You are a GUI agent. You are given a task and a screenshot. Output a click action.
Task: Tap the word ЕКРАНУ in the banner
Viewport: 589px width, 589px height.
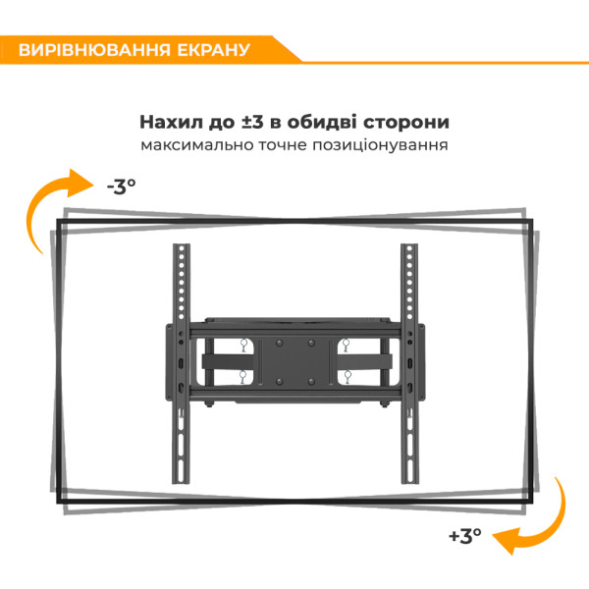tap(213, 50)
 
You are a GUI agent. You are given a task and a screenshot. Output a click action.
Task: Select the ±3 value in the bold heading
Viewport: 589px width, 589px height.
tap(252, 122)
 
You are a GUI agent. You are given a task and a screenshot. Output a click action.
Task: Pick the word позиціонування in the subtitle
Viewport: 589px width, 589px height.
tap(380, 145)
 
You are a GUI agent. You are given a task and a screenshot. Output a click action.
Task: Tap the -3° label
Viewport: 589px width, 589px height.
tap(122, 187)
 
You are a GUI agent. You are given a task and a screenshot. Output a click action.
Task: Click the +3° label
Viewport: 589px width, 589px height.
tap(465, 535)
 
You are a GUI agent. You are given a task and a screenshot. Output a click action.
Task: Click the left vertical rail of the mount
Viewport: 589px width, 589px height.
tap(181, 363)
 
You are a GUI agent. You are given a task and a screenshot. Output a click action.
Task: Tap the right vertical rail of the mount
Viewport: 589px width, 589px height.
tap(409, 363)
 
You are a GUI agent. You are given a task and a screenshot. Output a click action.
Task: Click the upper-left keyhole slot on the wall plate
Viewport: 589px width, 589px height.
tap(243, 346)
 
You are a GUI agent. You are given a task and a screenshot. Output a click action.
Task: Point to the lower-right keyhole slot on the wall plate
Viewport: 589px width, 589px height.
tap(348, 377)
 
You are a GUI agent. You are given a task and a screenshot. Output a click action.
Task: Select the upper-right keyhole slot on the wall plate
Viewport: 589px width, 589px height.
tap(346, 346)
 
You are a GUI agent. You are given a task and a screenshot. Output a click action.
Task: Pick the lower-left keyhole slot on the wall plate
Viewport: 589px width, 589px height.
tap(242, 377)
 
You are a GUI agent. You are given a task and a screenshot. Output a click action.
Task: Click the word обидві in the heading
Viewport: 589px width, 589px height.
tap(322, 122)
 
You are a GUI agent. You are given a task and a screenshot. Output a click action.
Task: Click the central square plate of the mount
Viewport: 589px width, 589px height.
tap(294, 363)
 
